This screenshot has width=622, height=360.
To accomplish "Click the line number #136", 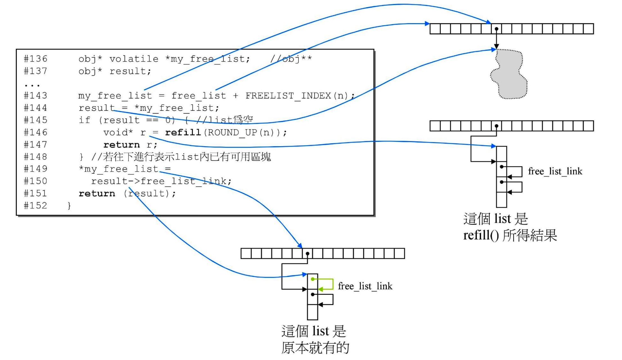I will click(35, 59).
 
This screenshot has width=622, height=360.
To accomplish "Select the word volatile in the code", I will click(134, 59).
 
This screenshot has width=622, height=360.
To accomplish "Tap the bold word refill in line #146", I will click(183, 132).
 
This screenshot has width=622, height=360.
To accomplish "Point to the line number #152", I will click(35, 206).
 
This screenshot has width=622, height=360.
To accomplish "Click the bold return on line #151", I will click(97, 193).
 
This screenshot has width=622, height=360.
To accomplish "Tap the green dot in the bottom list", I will click(313, 279).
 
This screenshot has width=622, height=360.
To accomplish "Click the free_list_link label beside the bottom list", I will click(365, 286).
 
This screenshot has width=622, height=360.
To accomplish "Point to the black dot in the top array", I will click(497, 29).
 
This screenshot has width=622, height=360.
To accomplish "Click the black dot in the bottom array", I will click(308, 254).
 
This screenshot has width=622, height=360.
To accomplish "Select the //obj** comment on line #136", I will click(291, 59).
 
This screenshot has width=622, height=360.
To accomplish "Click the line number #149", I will click(35, 169).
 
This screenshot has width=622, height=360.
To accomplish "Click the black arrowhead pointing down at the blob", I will click(497, 46).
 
